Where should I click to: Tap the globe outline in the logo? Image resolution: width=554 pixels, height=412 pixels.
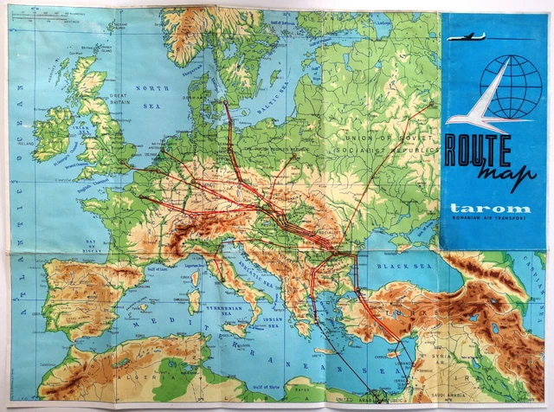click(x=510, y=86)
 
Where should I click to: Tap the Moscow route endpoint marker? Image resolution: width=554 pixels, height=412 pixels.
click(x=431, y=105)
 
